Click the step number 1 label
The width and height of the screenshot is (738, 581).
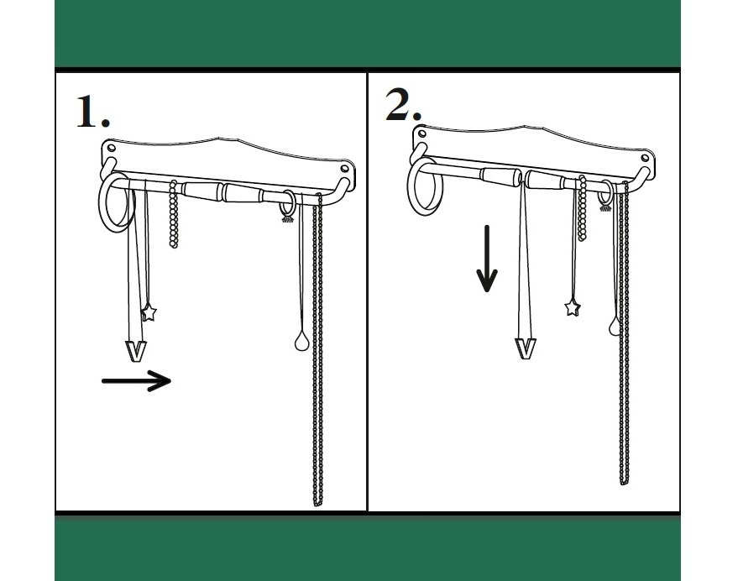93,111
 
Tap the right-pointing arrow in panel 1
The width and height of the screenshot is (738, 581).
137,380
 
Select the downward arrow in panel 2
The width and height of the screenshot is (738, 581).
487,259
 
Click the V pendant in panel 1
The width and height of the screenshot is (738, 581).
135,351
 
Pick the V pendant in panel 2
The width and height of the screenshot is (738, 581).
526,349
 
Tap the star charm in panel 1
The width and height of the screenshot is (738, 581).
149,312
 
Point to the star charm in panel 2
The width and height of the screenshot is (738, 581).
573,307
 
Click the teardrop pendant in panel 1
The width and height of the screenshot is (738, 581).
301,342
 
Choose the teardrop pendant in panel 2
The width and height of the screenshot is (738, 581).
614,326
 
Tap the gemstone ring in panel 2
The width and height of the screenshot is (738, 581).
606,196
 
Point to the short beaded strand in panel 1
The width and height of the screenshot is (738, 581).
174,214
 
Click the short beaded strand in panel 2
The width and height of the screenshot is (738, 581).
583,208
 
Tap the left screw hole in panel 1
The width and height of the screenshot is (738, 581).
112,148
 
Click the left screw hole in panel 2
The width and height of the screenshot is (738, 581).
421,133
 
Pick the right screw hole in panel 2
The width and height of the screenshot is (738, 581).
646,158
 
